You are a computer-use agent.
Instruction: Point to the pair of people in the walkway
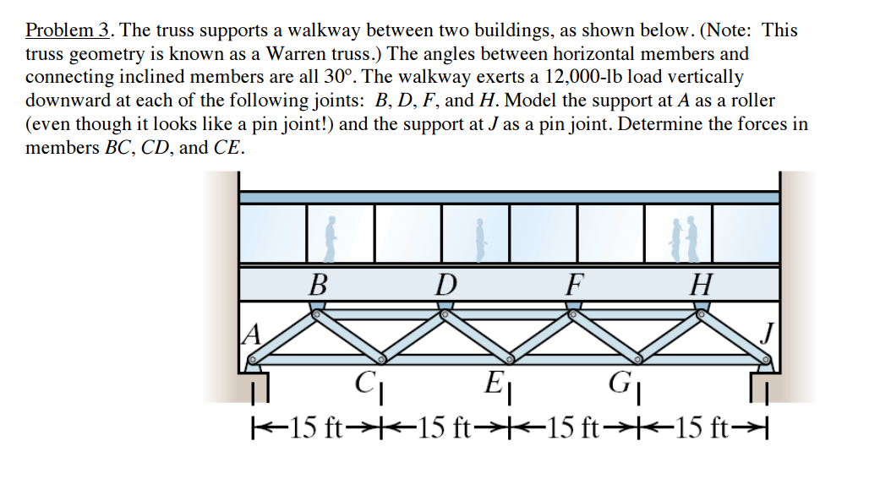pyautogui.click(x=688, y=240)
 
